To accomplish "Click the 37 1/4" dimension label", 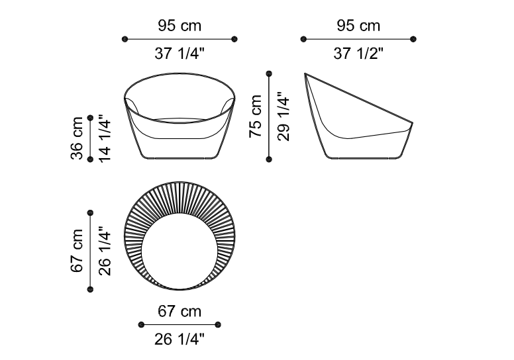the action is (x=180, y=53).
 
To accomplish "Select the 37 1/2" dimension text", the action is (x=358, y=53).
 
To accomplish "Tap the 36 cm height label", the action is (x=77, y=138).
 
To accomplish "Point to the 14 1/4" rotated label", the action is (x=105, y=138).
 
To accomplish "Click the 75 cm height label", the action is (x=256, y=116).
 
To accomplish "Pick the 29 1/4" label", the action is (x=283, y=116).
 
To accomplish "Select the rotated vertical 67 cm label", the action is (x=77, y=251).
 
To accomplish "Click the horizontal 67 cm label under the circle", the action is (x=180, y=311).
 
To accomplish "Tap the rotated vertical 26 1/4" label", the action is (x=105, y=251).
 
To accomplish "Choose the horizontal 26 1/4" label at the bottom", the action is (x=180, y=339).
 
